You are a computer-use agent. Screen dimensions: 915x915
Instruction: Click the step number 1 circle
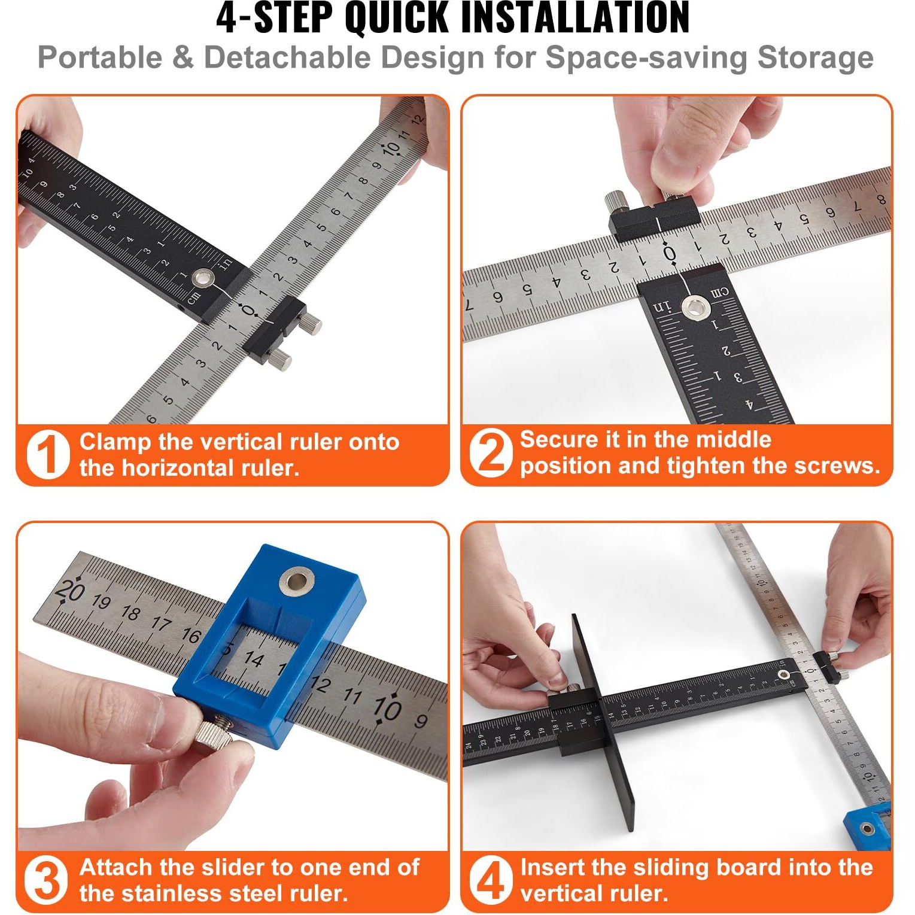48,455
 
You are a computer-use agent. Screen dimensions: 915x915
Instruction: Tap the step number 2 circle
491,453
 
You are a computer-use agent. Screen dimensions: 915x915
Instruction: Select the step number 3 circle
46,880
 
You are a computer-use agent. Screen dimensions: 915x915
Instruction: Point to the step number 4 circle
491,880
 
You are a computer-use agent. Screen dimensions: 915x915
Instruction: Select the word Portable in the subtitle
99,58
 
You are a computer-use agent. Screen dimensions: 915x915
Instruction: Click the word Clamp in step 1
115,442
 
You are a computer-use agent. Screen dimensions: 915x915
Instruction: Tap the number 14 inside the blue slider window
254,659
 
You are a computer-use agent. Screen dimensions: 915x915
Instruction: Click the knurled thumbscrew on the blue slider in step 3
216,733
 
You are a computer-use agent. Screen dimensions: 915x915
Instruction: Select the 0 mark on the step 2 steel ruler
670,254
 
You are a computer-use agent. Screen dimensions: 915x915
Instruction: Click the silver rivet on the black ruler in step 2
696,308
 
